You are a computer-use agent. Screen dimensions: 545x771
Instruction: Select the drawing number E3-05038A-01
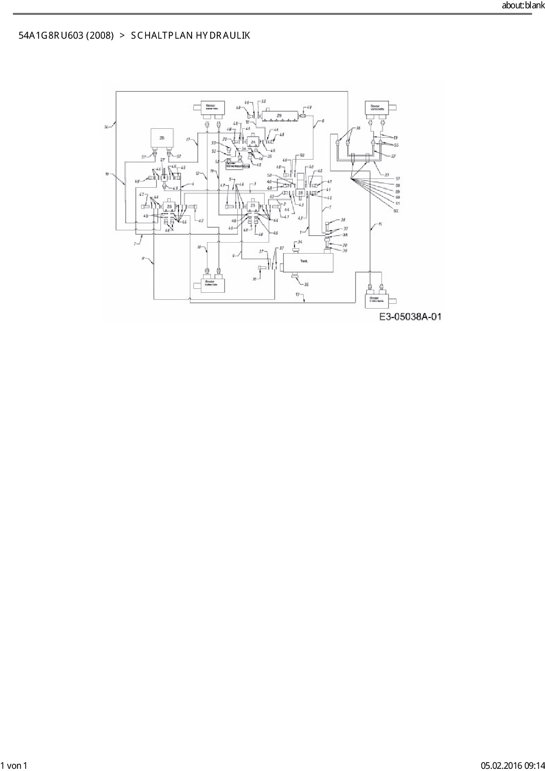click(411, 316)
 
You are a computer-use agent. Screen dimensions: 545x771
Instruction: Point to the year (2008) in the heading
click(99, 36)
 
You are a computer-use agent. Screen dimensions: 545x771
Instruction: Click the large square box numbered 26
click(162, 138)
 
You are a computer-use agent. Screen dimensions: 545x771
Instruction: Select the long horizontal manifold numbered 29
click(279, 116)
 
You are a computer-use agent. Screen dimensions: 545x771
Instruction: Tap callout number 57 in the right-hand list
click(397, 179)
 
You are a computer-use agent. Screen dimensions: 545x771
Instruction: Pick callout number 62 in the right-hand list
click(396, 211)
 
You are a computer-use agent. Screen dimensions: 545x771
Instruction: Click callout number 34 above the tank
click(300, 242)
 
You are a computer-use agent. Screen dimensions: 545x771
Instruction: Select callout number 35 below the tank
click(306, 284)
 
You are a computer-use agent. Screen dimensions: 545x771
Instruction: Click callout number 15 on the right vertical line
click(380, 225)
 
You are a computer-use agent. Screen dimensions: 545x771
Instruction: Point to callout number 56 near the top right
click(358, 128)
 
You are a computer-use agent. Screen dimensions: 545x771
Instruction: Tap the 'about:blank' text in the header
click(523, 6)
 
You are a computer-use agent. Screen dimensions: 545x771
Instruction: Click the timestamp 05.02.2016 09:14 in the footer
click(512, 766)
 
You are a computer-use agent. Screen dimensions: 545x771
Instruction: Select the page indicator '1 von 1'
click(14, 766)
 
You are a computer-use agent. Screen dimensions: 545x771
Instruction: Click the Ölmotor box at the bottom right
click(375, 300)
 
